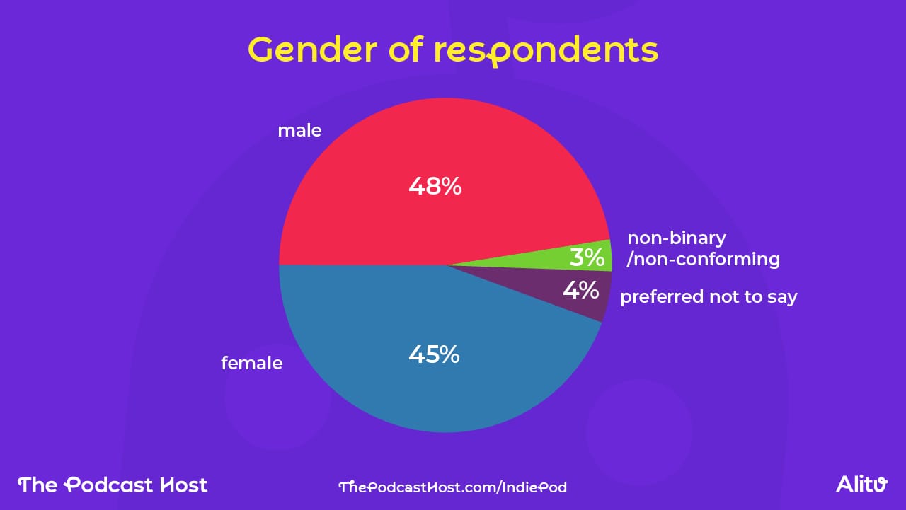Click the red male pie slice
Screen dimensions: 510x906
click(x=396, y=156)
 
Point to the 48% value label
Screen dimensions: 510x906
click(x=435, y=187)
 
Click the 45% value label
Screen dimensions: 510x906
click(x=434, y=354)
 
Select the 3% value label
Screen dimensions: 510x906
click(x=587, y=257)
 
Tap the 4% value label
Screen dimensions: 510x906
click(x=581, y=290)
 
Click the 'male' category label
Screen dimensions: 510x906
click(x=299, y=131)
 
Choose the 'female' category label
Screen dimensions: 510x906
click(x=251, y=364)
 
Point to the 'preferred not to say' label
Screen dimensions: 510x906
click(x=709, y=297)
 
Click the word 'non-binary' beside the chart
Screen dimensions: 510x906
click(x=677, y=238)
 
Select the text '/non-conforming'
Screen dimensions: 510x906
click(x=704, y=260)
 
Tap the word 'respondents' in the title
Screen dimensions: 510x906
click(x=546, y=51)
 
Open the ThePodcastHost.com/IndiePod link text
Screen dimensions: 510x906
click(x=453, y=487)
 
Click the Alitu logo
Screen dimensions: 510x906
click(x=861, y=485)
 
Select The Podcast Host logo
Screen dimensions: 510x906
click(x=113, y=485)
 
